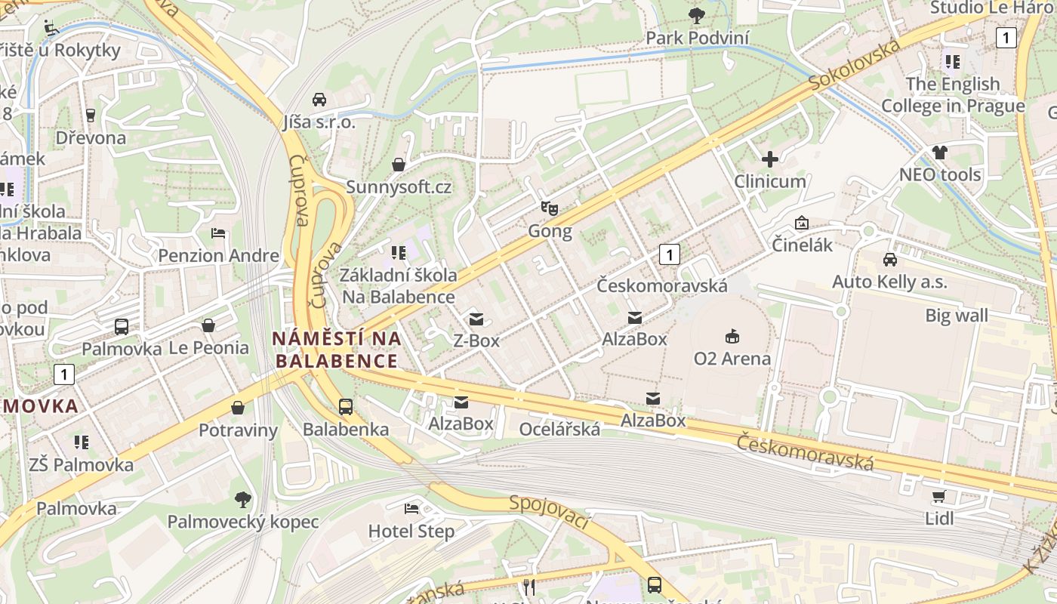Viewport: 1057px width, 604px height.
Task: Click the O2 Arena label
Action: coord(732,358)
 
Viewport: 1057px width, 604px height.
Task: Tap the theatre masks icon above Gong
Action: coord(549,207)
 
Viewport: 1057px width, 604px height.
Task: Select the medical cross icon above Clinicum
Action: coord(769,159)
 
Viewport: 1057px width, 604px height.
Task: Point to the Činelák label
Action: coord(802,245)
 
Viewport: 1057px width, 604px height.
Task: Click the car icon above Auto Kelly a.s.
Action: coord(890,259)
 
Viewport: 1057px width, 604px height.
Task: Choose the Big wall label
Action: coord(957,315)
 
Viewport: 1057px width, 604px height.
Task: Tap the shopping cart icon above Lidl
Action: coord(938,496)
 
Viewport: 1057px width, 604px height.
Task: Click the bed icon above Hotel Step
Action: coord(411,508)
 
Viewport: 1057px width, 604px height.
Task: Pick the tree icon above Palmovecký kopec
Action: coord(242,499)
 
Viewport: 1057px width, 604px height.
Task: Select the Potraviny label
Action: coord(238,430)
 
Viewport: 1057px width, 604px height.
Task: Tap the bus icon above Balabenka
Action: coord(345,407)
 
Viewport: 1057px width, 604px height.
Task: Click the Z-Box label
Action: coord(476,341)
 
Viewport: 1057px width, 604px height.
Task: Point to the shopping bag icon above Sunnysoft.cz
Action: coord(398,165)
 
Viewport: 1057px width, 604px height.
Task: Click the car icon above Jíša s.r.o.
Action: coord(319,100)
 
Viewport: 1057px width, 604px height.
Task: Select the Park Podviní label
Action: coord(697,38)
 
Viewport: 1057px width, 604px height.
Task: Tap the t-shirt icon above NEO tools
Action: coord(939,153)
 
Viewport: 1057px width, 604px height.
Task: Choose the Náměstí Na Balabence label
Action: coord(337,350)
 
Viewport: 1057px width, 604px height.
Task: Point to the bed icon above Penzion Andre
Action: coord(218,233)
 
